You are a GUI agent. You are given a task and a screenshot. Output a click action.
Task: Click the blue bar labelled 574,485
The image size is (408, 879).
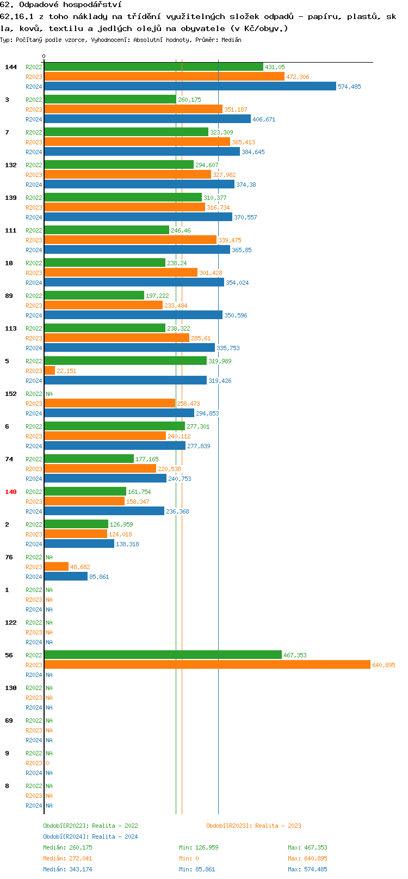pos(190,87)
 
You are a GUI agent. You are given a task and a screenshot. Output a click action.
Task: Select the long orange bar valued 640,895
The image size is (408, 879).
pos(207,665)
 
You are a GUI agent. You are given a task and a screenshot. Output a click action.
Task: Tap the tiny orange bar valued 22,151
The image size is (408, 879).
pos(50,371)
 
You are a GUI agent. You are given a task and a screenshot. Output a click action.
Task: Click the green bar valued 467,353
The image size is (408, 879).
pos(163,655)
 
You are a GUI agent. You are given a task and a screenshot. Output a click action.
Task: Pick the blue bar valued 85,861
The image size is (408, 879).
pos(66,577)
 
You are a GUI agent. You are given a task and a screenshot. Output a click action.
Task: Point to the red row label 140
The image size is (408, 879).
pos(11,492)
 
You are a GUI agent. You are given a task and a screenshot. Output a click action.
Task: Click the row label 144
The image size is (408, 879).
pos(11,67)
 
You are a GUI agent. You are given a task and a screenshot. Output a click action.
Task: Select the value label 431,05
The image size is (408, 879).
pos(275,67)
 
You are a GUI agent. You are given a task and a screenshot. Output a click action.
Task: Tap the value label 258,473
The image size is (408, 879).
pos(188,404)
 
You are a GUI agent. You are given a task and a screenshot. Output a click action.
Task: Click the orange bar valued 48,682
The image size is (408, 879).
pos(56,567)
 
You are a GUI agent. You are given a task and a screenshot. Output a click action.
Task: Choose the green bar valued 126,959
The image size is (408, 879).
pos(76,524)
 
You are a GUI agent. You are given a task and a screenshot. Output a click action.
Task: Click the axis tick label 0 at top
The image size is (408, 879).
pos(44,56)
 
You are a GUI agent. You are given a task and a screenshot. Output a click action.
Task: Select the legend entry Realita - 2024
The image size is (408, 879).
pos(90,837)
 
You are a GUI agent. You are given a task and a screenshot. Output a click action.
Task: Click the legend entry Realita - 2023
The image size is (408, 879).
pos(254,826)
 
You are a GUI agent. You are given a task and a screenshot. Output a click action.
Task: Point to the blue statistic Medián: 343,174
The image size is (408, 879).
pos(67,869)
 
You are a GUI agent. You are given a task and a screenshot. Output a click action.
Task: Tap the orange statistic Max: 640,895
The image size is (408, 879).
pos(307,858)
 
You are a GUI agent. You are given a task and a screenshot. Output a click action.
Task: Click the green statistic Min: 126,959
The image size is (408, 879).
pos(199,847)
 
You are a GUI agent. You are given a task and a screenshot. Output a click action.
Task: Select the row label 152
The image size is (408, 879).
pos(11,394)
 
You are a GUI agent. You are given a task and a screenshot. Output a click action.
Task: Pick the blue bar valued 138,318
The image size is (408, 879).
pos(79,544)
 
